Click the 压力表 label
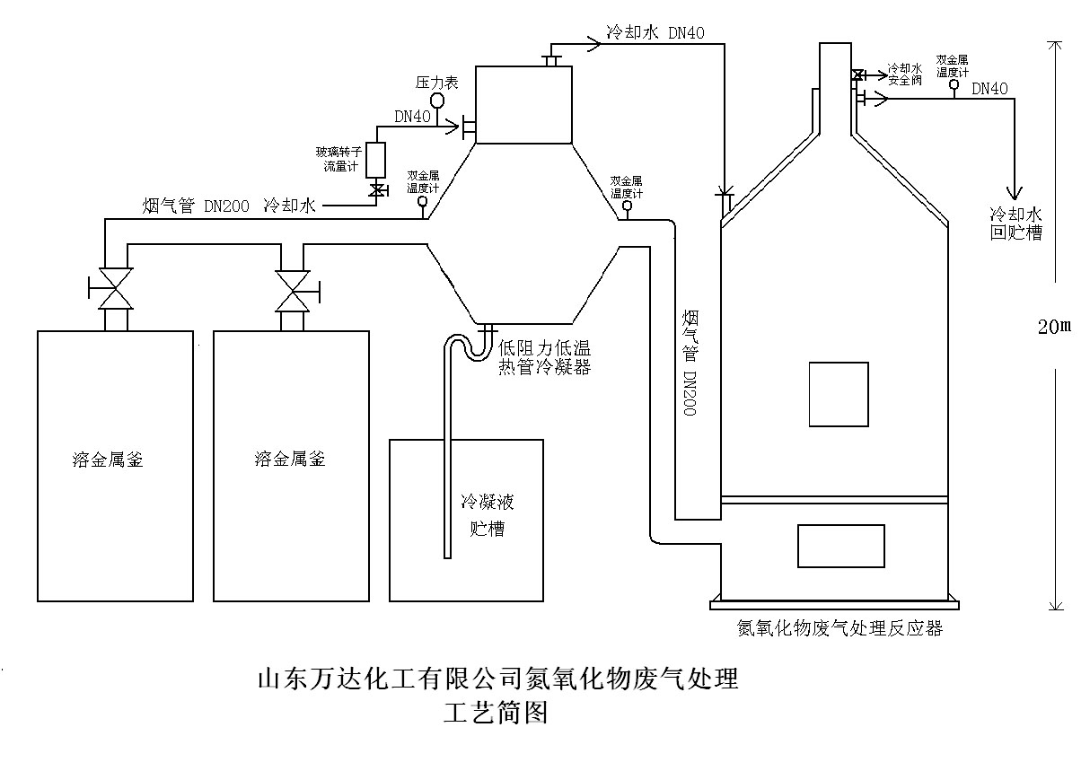point(437,83)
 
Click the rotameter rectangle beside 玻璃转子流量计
point(376,160)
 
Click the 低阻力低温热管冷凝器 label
point(545,358)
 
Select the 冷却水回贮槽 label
point(1015,224)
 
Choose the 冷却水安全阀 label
point(904,74)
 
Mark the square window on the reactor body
point(839,394)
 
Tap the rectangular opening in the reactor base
point(841,546)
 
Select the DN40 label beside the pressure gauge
point(413,117)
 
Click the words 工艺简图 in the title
point(495,714)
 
